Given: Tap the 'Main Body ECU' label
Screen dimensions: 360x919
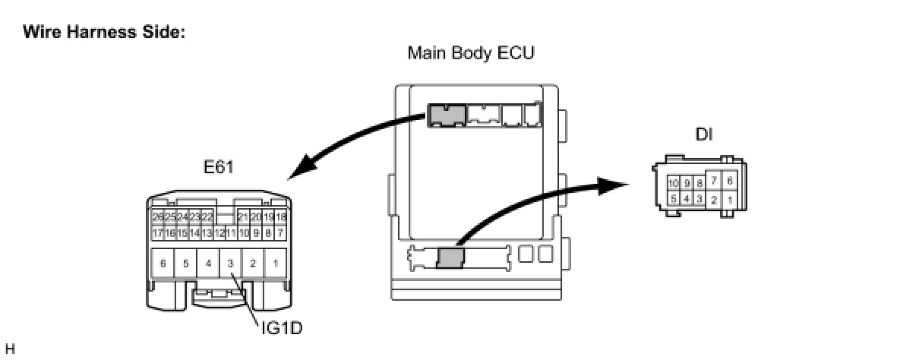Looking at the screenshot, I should coord(471,53).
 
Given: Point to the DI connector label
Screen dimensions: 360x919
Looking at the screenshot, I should coord(704,134).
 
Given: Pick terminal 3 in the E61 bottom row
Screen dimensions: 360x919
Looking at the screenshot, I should coord(230,264).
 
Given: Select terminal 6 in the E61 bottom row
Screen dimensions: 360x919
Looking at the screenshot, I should coord(163,264).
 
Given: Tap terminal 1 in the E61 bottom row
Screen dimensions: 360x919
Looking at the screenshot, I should coord(275,264).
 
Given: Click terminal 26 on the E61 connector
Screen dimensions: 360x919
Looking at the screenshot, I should coord(158,217).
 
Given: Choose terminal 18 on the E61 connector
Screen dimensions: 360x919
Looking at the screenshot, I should coord(280,217).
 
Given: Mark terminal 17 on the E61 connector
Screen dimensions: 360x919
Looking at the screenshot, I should coord(158,232).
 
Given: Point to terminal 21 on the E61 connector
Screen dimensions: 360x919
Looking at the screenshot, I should coord(243,217).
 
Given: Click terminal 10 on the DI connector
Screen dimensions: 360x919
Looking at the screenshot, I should coord(674,184).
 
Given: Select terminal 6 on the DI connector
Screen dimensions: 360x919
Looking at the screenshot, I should coord(730,180).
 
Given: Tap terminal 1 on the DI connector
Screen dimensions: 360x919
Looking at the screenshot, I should coord(730,200).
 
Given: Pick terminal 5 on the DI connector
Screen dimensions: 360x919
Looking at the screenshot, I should coord(674,199).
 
